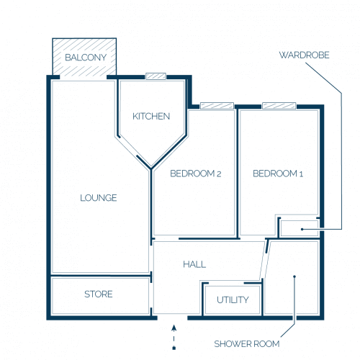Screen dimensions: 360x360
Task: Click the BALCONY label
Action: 86,58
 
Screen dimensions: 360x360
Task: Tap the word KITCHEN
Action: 151,117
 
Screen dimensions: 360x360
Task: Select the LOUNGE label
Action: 99,198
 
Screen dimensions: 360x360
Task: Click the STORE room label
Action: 99,294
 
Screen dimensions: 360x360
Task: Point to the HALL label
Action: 194,264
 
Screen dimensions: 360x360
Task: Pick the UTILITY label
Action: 233,300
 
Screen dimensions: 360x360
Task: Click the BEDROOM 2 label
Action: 196,174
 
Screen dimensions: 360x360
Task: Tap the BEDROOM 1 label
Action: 278,174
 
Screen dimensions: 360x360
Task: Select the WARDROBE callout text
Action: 305,55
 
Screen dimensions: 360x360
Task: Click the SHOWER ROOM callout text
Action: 247,344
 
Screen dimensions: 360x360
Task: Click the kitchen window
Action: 156,76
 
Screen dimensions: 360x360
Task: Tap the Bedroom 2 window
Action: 217,106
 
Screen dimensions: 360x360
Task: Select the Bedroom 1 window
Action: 279,106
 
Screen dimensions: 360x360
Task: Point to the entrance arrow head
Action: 174,328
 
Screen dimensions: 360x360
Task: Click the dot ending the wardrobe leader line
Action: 302,229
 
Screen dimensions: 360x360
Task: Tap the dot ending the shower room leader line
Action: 294,276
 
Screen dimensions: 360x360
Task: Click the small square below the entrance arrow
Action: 174,348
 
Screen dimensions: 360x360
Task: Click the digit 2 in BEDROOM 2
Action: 219,174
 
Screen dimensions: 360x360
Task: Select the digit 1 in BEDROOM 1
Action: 301,174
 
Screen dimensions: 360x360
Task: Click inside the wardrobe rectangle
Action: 300,228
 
